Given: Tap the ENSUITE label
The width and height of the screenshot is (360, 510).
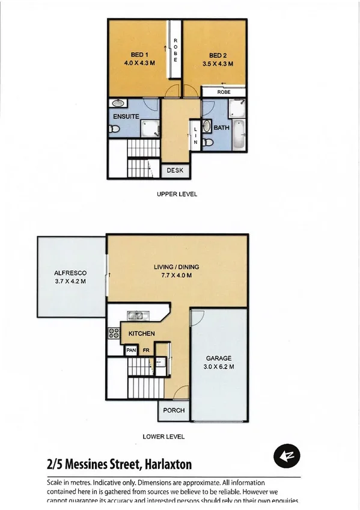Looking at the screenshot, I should tap(125, 117).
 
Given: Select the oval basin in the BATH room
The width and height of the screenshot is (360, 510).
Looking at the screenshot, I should tap(207, 127).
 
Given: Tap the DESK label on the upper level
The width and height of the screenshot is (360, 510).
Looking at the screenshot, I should tap(175, 171).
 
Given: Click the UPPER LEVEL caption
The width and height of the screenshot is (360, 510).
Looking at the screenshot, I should tap(177, 194).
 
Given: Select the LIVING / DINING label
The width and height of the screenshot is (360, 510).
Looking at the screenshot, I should tap(177, 267).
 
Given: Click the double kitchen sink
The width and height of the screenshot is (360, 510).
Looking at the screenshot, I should tap(134, 315).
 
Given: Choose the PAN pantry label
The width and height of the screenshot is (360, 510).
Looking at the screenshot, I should tap(131, 349).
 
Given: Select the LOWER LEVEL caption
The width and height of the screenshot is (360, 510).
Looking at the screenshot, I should tap(163, 437).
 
